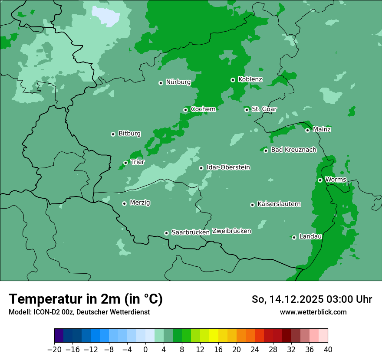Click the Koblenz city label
[250, 79]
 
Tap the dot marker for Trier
[125, 163]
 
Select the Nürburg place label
[178, 82]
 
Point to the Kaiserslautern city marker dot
[252, 205]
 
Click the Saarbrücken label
[191, 232]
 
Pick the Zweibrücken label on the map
[231, 231]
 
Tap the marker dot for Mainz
[307, 130]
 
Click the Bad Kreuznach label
[293, 150]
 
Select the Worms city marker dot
[320, 180]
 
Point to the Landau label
[310, 236]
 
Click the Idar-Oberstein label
[228, 167]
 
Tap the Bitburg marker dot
[113, 134]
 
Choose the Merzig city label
[140, 203]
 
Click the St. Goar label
[264, 109]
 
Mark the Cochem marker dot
[185, 110]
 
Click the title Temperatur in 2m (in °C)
[86, 299]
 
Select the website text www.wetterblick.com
[313, 312]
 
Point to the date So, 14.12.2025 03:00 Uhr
[312, 299]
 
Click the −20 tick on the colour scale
[54, 350]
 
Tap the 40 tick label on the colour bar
[328, 350]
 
